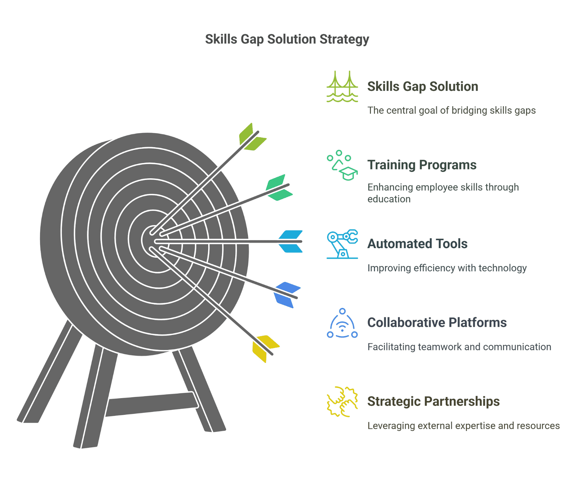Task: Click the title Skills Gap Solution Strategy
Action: pyautogui.click(x=287, y=39)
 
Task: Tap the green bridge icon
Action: pyautogui.click(x=342, y=87)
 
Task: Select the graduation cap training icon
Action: pyautogui.click(x=342, y=166)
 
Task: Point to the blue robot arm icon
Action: pyautogui.click(x=342, y=244)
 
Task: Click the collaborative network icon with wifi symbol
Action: pyautogui.click(x=342, y=323)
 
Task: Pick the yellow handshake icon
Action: pyautogui.click(x=342, y=402)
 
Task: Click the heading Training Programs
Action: pyautogui.click(x=422, y=165)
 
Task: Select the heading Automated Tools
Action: pyautogui.click(x=417, y=244)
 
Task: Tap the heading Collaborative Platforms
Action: pyautogui.click(x=437, y=322)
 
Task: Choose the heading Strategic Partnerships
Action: pyautogui.click(x=433, y=401)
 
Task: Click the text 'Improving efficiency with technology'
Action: pyautogui.click(x=447, y=268)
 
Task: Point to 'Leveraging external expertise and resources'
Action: pyautogui.click(x=464, y=426)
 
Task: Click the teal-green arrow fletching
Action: pyautogui.click(x=279, y=188)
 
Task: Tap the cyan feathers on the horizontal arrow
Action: pyautogui.click(x=291, y=241)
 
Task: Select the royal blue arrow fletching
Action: pyautogui.click(x=287, y=294)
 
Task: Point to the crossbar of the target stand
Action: pyautogui.click(x=152, y=404)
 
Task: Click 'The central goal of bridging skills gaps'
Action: pyautogui.click(x=452, y=110)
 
